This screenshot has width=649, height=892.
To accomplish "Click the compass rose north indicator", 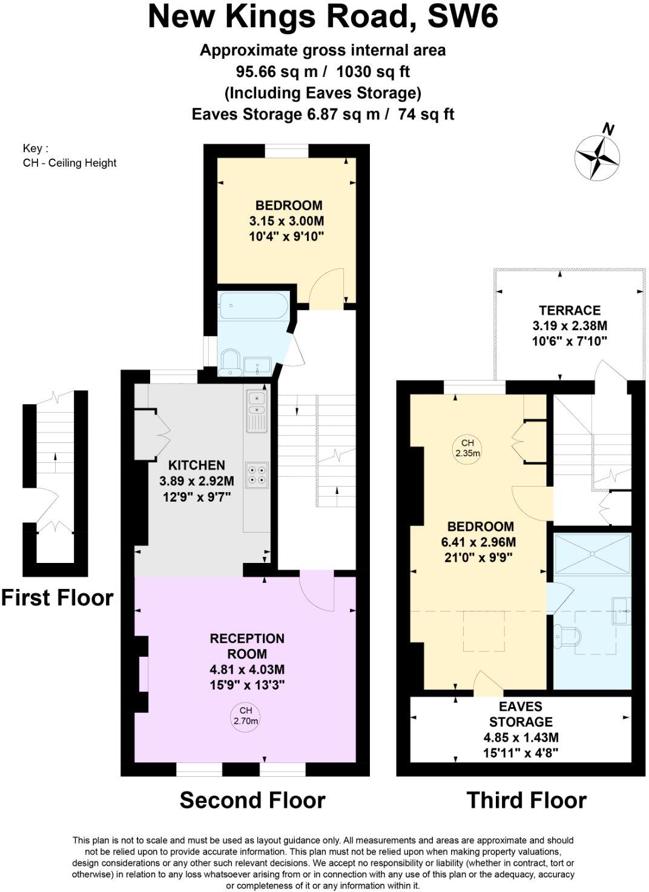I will pyautogui.click(x=598, y=155).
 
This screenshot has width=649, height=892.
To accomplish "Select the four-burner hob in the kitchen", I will pyautogui.click(x=257, y=473).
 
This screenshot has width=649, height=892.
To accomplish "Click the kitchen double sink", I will pyautogui.click(x=257, y=411).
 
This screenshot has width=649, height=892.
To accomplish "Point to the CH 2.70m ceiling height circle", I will pyautogui.click(x=245, y=716).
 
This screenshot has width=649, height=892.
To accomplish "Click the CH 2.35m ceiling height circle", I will pyautogui.click(x=467, y=448).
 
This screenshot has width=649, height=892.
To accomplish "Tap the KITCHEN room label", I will pyautogui.click(x=196, y=465).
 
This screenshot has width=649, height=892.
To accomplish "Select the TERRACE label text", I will pyautogui.click(x=569, y=310).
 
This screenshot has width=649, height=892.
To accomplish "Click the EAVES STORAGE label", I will pyautogui.click(x=521, y=714).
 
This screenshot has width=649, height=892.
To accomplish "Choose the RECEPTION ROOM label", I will pyautogui.click(x=247, y=646).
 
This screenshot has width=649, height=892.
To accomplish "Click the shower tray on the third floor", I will pyautogui.click(x=592, y=553).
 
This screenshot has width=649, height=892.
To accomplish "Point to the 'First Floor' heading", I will pyautogui.click(x=57, y=598).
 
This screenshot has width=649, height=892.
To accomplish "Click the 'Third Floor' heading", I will pyautogui.click(x=526, y=800).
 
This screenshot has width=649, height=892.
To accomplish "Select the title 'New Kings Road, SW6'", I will pyautogui.click(x=323, y=17).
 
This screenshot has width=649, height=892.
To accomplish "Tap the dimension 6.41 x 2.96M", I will pyautogui.click(x=478, y=542).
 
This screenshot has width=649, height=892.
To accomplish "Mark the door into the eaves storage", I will pyautogui.click(x=487, y=683).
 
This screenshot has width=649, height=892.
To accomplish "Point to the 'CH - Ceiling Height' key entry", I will pyautogui.click(x=70, y=162).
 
